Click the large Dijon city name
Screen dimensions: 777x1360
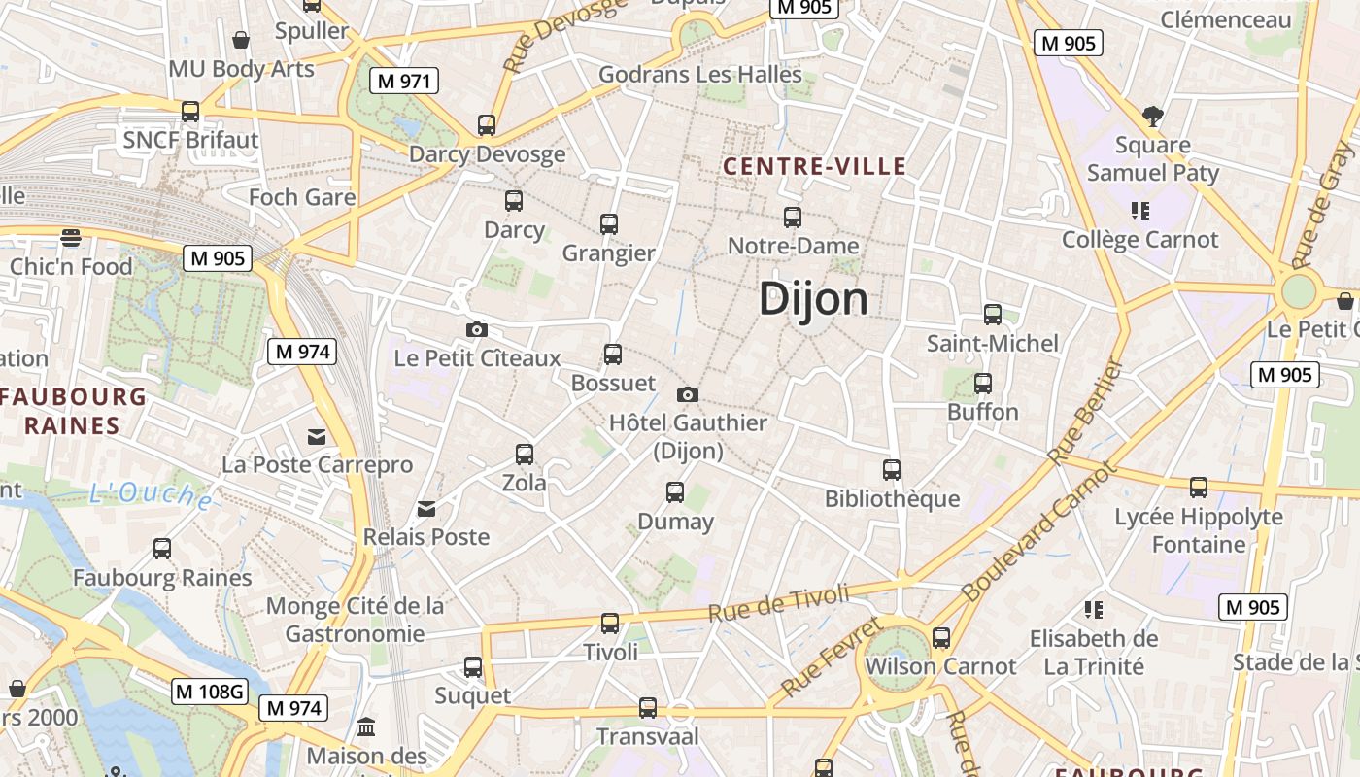(813, 298)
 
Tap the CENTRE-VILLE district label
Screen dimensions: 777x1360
(814, 166)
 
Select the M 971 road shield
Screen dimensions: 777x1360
(403, 81)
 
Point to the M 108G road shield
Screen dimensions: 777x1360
(210, 692)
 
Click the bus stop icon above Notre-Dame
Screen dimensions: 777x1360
(793, 218)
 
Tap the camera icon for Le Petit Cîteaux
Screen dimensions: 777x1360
(476, 329)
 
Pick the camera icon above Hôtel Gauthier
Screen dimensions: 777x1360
(688, 394)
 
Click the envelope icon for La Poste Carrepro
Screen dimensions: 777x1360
(317, 437)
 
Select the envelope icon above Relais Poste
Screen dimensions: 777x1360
(425, 509)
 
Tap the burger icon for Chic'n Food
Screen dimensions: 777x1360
(70, 238)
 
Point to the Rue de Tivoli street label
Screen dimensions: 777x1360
(779, 603)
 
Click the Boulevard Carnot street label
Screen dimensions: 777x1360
(1039, 530)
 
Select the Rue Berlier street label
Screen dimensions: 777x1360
(1085, 412)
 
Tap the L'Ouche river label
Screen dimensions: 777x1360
(150, 495)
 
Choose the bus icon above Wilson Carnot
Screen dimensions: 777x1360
(940, 638)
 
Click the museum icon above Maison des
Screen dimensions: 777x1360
(367, 726)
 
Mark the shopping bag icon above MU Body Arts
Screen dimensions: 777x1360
(241, 41)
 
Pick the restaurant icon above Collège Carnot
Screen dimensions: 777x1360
(1139, 210)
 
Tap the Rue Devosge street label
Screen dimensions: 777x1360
(552, 35)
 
